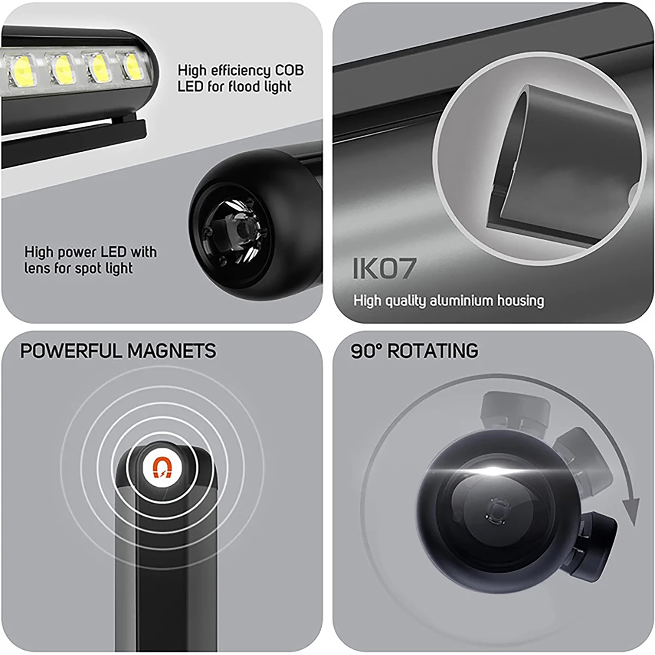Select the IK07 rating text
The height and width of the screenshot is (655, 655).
pyautogui.click(x=384, y=269)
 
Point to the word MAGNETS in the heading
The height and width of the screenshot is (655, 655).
pyautogui.click(x=172, y=351)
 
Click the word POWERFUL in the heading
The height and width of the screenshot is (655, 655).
pyautogui.click(x=72, y=351)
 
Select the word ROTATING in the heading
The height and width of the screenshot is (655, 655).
pyautogui.click(x=433, y=351)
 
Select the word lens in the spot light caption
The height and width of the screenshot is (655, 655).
pyautogui.click(x=38, y=268)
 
